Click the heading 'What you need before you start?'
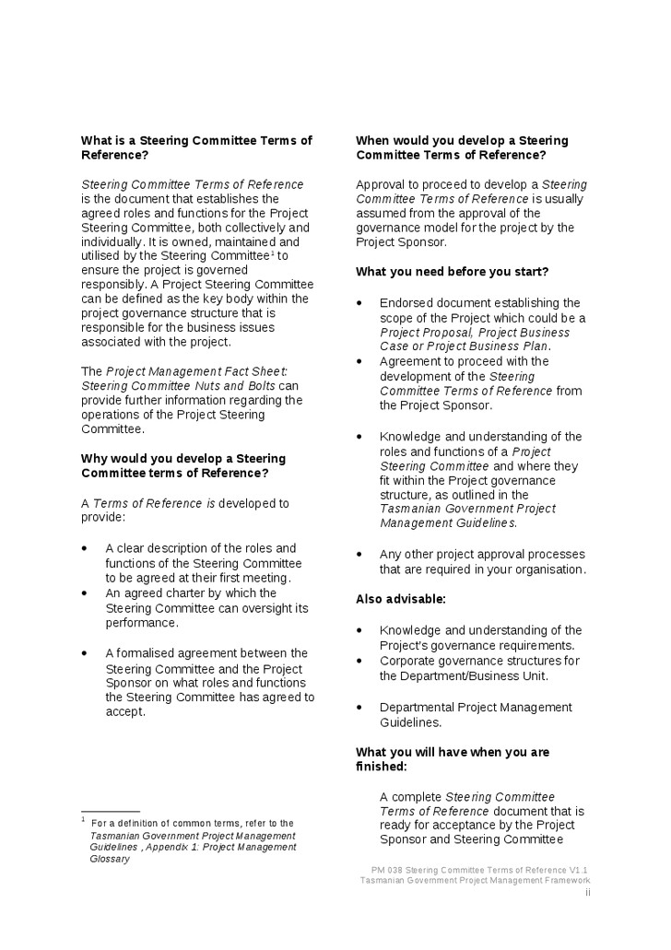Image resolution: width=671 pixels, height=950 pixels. [x=453, y=272]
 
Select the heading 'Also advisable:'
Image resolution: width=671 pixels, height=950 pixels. [x=401, y=600]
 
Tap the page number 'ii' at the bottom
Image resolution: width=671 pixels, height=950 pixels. [x=587, y=893]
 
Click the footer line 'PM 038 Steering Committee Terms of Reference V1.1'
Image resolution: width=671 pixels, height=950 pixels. [x=479, y=870]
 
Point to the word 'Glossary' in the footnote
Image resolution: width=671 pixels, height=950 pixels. [x=110, y=859]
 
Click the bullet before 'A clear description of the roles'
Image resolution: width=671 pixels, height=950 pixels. [x=85, y=548]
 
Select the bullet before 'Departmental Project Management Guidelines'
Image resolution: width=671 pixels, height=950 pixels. [x=359, y=708]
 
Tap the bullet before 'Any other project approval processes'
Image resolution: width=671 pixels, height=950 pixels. [x=359, y=555]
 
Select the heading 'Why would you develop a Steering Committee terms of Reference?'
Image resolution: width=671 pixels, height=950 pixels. [x=183, y=466]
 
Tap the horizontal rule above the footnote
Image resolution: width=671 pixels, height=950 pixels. [x=110, y=811]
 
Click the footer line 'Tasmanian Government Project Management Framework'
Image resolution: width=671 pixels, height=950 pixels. [x=475, y=881]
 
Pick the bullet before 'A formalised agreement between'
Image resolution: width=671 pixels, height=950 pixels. [x=85, y=653]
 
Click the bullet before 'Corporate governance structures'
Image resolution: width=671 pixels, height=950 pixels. [x=359, y=661]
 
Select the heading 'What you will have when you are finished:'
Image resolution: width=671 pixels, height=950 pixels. [x=453, y=759]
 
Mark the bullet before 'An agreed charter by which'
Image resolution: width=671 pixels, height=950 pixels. [x=85, y=593]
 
